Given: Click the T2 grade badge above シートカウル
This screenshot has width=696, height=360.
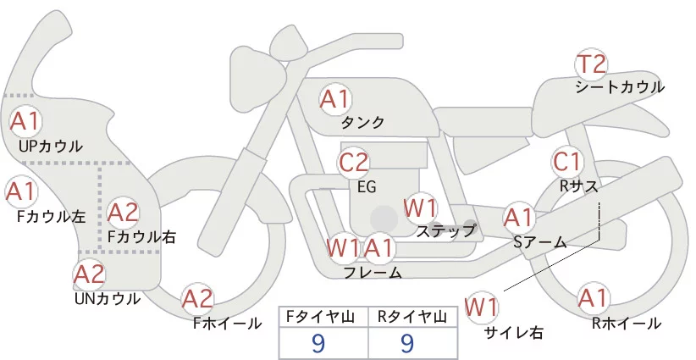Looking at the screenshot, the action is (591, 64).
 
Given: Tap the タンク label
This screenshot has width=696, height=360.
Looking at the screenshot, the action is (363, 122).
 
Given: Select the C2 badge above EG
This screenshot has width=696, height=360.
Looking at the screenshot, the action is (354, 162).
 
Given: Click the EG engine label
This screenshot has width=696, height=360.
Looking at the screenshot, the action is (367, 186).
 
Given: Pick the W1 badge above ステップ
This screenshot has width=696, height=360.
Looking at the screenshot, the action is (420, 208).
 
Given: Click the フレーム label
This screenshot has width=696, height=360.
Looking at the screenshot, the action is (373, 272).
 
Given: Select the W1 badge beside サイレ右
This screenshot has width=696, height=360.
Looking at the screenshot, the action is (483, 307).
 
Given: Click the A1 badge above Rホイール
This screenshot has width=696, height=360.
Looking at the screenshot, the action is (593, 299).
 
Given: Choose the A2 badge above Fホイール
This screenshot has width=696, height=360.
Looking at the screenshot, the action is (198, 298).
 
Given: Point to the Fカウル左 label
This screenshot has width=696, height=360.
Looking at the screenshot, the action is (51, 216).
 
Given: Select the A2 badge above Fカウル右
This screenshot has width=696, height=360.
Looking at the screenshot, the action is (123, 212).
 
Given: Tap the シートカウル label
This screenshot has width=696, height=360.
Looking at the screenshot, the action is (620, 86).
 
